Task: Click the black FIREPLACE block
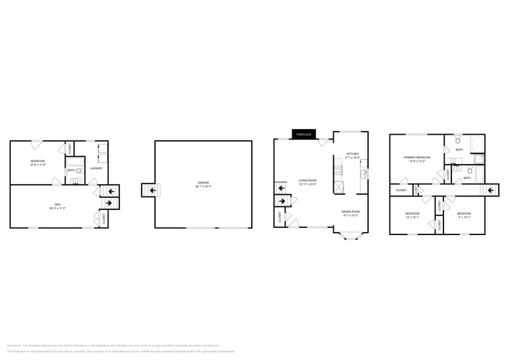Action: [x=304, y=134]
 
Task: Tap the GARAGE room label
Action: [x=203, y=182]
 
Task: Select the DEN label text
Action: [x=58, y=204]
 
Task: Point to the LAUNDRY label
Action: [x=96, y=168]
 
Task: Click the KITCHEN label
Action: [x=352, y=154]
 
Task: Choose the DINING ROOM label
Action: [x=350, y=211]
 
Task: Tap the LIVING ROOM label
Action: [x=307, y=180]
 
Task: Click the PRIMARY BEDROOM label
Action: [x=417, y=157]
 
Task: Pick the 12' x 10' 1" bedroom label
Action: [x=412, y=213]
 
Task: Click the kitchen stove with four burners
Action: [x=338, y=170]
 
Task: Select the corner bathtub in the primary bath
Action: [x=477, y=145]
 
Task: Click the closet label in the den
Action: [x=103, y=217]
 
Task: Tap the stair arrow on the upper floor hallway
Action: [x=490, y=190]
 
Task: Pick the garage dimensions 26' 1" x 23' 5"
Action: [x=203, y=186]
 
